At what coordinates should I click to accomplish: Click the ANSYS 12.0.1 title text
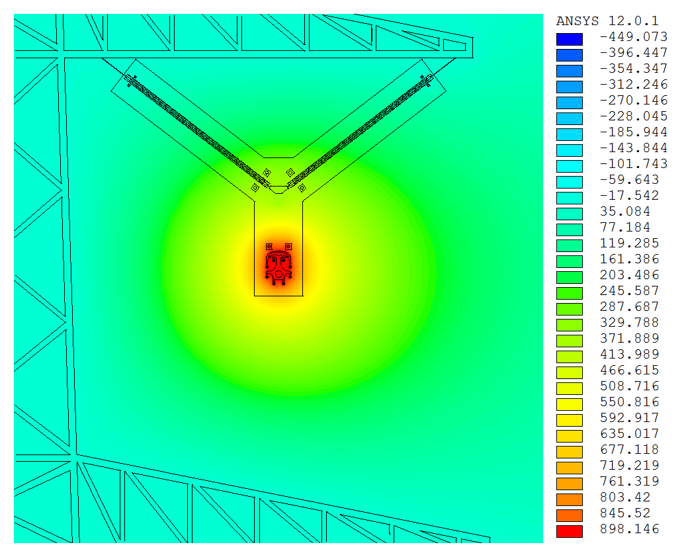[x=607, y=21]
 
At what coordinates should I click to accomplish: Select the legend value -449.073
[x=634, y=36]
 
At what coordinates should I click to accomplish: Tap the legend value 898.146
[x=630, y=529]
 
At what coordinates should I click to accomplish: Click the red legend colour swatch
[x=570, y=531]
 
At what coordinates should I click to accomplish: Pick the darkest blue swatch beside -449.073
[x=570, y=39]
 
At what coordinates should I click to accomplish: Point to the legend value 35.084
[x=625, y=212]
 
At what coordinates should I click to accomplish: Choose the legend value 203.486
[x=630, y=275]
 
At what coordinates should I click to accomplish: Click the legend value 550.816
[x=630, y=402]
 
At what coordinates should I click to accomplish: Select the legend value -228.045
[x=634, y=116]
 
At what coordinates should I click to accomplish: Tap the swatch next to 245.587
[x=570, y=293]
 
